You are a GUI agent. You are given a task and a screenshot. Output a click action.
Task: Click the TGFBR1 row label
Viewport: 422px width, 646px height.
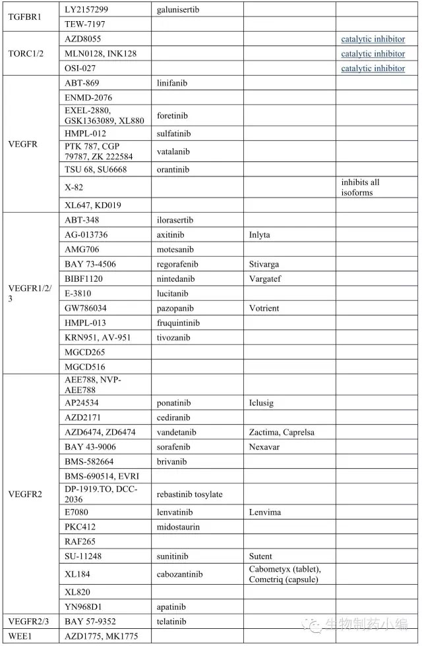pos(24,16)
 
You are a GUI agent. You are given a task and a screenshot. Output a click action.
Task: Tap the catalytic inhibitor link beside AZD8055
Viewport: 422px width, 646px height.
pos(373,40)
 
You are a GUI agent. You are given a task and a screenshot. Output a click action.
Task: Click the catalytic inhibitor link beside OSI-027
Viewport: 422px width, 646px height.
pos(373,68)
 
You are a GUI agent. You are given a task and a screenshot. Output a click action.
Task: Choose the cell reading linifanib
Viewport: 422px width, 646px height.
pos(174,83)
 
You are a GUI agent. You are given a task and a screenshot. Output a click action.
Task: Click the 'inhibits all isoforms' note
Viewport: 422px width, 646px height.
pos(361,188)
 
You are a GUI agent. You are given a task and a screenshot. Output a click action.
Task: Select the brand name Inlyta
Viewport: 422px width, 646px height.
pos(259,235)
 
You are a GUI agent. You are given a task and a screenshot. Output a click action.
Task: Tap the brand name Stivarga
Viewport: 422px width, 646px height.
pos(264,264)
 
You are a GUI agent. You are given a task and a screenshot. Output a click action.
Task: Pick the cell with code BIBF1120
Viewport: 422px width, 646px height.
pos(84,279)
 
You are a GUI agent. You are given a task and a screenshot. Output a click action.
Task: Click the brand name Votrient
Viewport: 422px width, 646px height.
pos(264,308)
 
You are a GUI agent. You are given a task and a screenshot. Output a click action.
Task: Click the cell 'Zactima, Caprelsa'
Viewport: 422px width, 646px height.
pos(282,432)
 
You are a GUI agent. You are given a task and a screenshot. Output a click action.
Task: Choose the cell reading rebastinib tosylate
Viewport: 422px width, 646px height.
pos(190,495)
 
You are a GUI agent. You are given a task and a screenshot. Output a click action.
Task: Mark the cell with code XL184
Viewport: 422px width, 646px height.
pos(78,574)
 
